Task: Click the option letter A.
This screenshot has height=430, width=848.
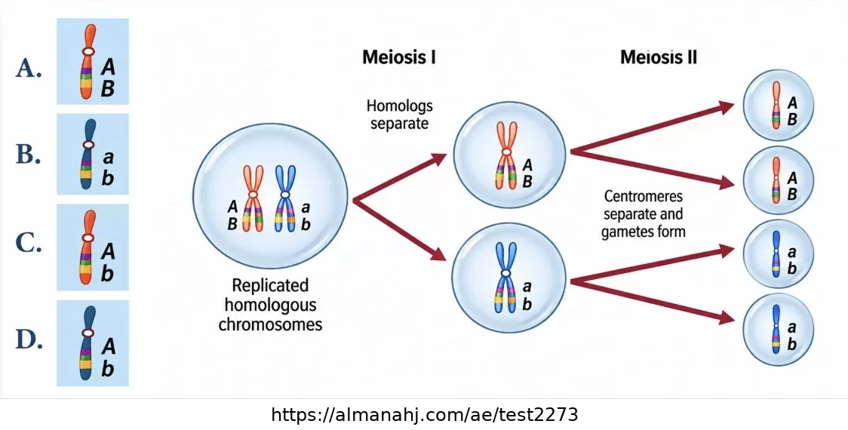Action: pos(29,69)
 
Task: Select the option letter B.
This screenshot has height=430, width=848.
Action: pos(29,155)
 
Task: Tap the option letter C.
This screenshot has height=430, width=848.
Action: pos(29,244)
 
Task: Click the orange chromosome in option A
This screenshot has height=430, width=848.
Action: pos(88,62)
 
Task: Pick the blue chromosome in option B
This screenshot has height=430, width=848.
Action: pos(88,154)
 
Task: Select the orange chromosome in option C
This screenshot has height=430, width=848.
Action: pos(88,247)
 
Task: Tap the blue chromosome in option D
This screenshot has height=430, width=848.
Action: pos(88,343)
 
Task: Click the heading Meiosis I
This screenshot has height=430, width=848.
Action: pos(399,57)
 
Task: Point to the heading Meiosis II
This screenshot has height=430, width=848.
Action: pos(659,57)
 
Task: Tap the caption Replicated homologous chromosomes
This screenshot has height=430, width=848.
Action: pos(270,305)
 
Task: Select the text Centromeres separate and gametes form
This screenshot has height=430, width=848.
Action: pos(644,213)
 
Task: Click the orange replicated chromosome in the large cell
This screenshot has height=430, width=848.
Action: pos(253,198)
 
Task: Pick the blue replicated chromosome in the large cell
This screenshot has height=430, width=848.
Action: pos(285,198)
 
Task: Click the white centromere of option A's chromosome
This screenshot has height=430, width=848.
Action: pos(88,52)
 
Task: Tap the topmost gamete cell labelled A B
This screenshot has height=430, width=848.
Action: pos(778,105)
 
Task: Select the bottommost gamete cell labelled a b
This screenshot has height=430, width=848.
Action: pos(778,330)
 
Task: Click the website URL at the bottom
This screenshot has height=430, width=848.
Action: pos(424,415)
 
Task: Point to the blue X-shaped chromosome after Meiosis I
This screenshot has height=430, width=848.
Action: pos(505,278)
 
